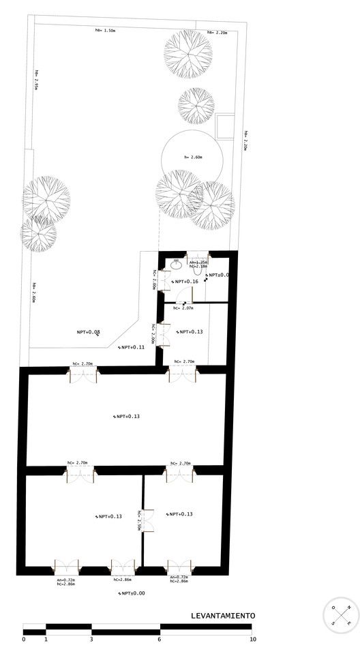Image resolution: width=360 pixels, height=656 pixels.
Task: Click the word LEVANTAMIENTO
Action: (x=223, y=615)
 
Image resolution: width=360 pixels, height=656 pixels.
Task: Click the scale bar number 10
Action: (x=253, y=639)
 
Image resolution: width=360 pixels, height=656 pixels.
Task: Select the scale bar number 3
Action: (x=91, y=639)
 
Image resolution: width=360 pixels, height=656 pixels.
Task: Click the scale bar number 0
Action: (x=24, y=639)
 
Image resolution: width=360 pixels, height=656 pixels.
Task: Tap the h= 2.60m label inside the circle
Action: (x=194, y=158)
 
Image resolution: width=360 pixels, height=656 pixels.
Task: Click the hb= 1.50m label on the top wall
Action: (x=106, y=31)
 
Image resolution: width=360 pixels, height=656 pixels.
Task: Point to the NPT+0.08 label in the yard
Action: (x=89, y=332)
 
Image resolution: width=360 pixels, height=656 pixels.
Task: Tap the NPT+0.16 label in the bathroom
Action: (x=185, y=281)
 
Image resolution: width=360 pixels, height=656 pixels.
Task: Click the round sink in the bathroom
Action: (x=176, y=261)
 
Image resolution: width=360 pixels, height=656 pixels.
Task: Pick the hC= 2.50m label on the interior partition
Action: (x=139, y=520)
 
